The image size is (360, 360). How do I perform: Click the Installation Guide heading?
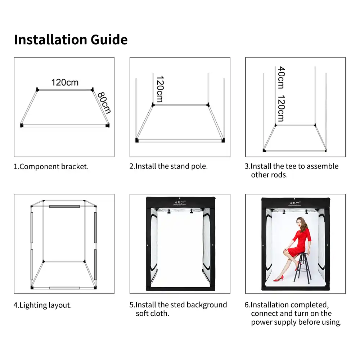[71, 40]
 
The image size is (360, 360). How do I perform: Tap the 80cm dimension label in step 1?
[104, 103]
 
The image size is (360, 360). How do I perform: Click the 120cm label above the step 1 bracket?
[65, 82]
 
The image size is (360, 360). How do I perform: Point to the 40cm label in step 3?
[281, 77]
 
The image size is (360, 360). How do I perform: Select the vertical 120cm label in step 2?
[160, 89]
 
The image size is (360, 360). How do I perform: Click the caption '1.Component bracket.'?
[51, 166]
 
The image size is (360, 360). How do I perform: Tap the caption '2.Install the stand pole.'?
[168, 166]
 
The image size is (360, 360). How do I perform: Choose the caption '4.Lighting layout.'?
[43, 305]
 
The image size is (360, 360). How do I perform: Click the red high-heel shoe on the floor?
[279, 279]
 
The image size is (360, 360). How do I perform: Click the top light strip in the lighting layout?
[64, 207]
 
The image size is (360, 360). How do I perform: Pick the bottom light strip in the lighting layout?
[64, 288]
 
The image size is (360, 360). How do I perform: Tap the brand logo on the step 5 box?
[180, 203]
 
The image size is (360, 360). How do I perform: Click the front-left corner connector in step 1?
[22, 125]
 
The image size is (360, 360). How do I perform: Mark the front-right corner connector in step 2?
[223, 140]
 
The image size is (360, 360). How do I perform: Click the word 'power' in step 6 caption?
[261, 322]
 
